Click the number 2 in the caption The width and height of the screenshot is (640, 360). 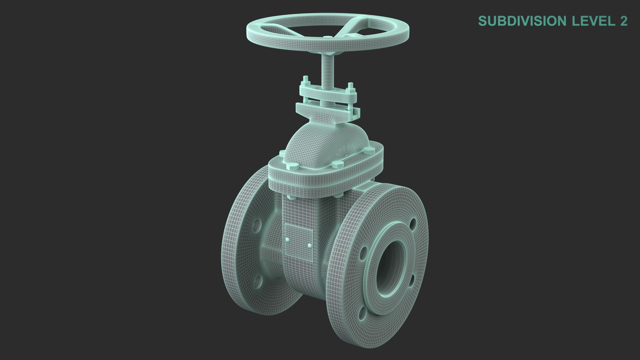point(623,21)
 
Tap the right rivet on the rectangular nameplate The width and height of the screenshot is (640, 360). point(310,246)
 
